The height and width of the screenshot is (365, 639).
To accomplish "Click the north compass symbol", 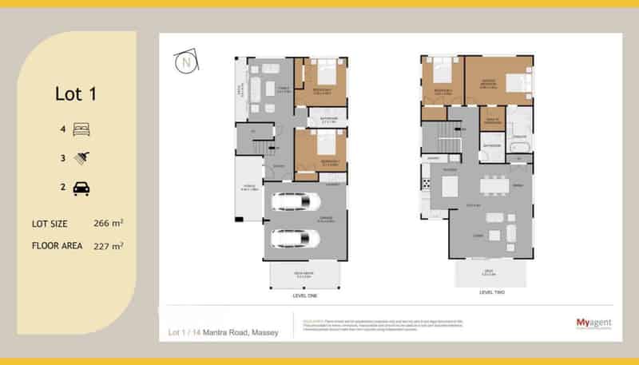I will click(188, 61).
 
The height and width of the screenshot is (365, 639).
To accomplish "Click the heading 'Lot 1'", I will click(76, 93).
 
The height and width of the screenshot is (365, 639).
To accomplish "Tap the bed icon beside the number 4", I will click(81, 129).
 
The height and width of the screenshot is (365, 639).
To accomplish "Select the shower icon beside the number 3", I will click(81, 158).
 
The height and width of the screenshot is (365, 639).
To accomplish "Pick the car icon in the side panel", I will click(81, 188).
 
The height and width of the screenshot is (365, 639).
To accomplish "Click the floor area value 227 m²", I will click(108, 246).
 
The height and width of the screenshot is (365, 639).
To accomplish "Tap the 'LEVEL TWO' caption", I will click(490, 292).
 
